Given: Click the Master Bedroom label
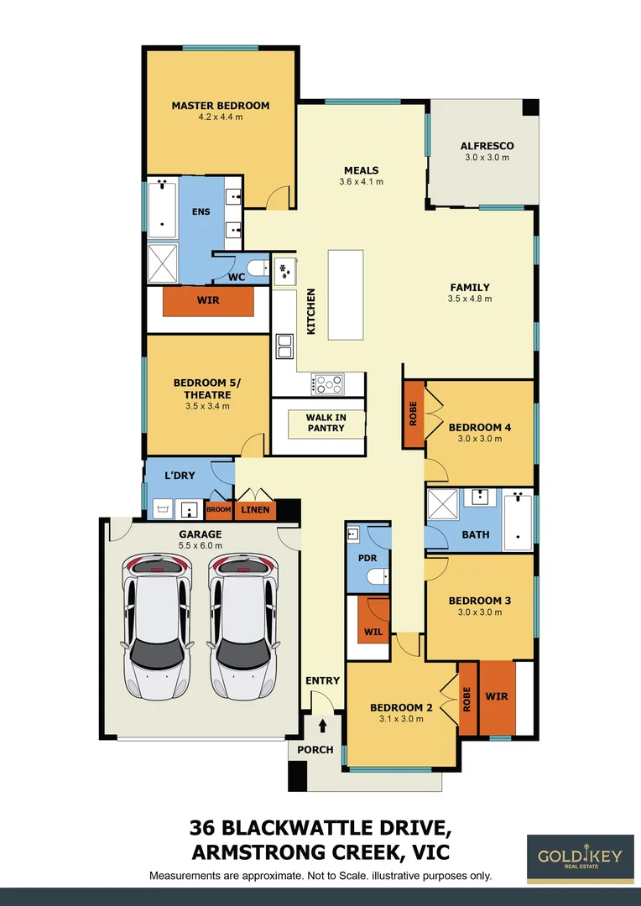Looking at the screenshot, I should [220, 106].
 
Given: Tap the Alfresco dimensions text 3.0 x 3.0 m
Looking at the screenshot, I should [487, 158].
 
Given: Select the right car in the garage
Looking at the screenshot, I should [242, 626].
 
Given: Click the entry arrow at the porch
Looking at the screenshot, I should [322, 726].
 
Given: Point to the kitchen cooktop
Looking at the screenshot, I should [327, 383].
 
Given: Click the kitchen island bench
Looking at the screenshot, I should [345, 294].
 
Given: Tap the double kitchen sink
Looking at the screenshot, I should [284, 346].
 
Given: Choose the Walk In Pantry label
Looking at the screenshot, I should [326, 423].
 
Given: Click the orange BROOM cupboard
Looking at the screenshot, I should [219, 509].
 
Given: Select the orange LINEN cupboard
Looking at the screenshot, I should [255, 509].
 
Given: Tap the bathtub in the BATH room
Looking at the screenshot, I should [517, 521].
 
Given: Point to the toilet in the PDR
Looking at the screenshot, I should [379, 576].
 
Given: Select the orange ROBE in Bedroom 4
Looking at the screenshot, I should [414, 414].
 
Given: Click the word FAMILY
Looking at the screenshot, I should [469, 288].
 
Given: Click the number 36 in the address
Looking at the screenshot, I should [208, 829].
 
